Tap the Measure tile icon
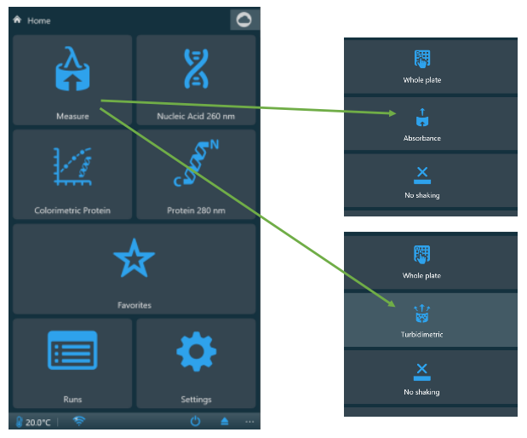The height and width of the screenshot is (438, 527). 72,69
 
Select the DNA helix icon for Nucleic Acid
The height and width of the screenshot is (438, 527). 197,69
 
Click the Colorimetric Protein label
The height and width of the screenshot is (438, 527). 72,210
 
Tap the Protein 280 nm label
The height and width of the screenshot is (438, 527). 197,210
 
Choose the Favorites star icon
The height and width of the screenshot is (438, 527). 135,258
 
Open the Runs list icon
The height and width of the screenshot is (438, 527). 72,350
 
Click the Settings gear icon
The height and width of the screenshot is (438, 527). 197,352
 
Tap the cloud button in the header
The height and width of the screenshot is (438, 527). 244,20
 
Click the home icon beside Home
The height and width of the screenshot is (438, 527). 17,20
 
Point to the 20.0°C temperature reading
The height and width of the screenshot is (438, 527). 37,423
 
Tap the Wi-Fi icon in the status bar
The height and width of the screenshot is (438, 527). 79,421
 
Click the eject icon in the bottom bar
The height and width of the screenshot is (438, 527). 225,421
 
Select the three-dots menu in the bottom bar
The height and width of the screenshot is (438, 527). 249,422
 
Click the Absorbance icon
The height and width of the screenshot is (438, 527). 422,118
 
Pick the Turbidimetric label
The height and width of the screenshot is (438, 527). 421,334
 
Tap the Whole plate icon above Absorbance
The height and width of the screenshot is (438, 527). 422,59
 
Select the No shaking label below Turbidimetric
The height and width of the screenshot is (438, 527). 421,392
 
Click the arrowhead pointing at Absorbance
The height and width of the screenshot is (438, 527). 392,113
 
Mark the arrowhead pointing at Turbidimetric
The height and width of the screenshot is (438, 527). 392,303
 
